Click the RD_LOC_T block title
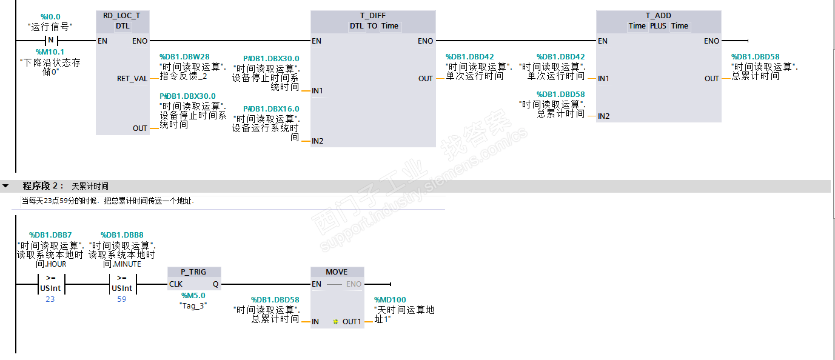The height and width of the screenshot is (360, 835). (122, 16)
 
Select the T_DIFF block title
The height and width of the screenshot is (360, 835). (373, 16)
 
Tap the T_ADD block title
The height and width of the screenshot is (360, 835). (658, 16)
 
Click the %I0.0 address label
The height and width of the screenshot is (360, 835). (50, 17)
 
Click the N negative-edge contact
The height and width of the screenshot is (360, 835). (51, 41)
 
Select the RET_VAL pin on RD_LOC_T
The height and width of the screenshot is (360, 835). (132, 79)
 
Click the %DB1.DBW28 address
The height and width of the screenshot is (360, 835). (184, 57)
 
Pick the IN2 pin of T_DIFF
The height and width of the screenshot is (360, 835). (318, 141)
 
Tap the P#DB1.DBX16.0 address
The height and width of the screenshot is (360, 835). (271, 109)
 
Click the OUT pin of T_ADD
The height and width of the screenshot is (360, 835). (711, 79)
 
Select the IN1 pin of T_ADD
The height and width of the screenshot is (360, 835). (604, 79)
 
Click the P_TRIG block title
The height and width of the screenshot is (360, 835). (194, 272)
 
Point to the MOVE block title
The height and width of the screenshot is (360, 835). (337, 272)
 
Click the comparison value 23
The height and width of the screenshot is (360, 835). (50, 299)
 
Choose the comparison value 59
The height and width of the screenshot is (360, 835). (122, 299)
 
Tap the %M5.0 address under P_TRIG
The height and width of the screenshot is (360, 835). (193, 296)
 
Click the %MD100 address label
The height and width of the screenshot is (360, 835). (391, 300)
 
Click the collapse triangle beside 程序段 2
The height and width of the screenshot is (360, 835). (6, 186)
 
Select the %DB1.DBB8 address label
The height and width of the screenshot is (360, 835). (122, 235)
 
